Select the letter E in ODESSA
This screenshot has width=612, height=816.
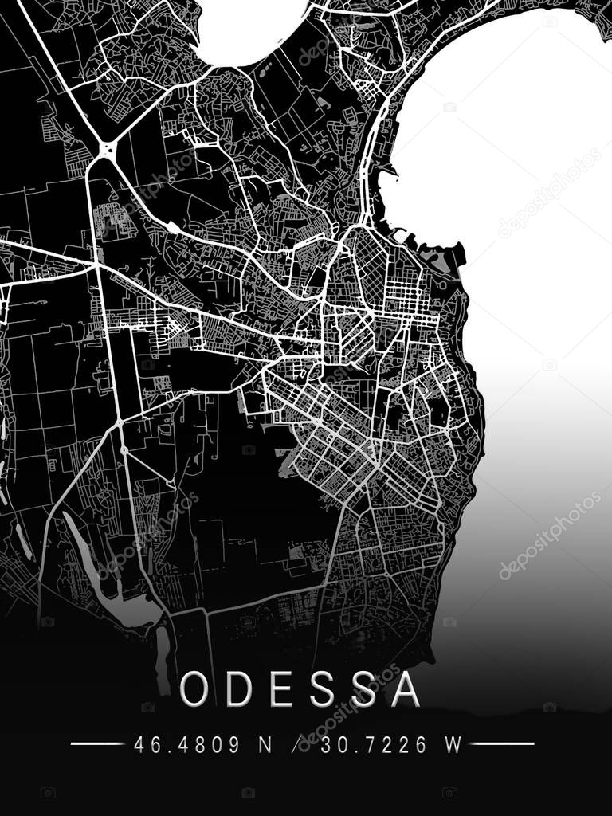pos(281,689)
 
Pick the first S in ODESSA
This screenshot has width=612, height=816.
pos(321,689)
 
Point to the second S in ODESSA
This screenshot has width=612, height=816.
pos(363,689)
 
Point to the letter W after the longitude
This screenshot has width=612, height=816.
pos(453,745)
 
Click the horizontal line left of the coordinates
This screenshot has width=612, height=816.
pos(97,744)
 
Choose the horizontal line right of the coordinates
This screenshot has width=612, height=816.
pos(502,744)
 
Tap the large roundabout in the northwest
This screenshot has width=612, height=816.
pos(106,148)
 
